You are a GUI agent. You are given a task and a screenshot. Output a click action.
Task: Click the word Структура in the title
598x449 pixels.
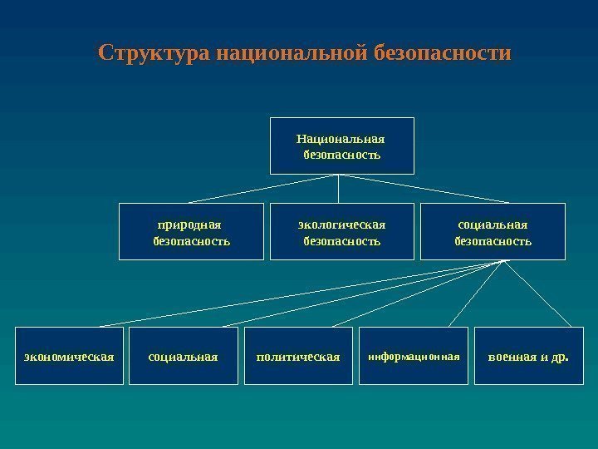[x=153, y=54]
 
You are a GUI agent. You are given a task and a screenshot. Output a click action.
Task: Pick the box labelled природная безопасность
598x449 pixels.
[x=192, y=232]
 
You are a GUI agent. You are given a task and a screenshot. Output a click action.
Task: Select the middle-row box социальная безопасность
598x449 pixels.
[x=493, y=232]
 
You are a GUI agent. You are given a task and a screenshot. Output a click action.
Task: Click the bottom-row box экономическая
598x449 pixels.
[x=69, y=356]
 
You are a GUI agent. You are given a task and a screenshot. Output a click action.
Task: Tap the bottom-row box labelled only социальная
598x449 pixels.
[x=183, y=356]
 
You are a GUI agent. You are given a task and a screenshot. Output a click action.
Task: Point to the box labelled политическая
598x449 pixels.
[x=298, y=356]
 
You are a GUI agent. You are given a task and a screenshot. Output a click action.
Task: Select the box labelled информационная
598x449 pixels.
[x=413, y=356]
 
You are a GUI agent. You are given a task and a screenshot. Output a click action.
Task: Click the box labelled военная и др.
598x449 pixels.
[x=527, y=356]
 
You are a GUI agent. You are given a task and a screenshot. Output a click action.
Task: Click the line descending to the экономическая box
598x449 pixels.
[x=299, y=293]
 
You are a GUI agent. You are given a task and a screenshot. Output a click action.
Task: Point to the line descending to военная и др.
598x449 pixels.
[x=538, y=293]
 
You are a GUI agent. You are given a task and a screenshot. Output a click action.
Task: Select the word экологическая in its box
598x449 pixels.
[x=342, y=224]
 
